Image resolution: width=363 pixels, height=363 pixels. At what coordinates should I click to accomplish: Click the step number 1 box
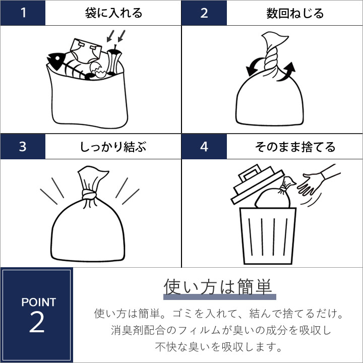[x=23, y=13]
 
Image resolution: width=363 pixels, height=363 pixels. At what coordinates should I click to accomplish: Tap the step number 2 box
[x=204, y=13]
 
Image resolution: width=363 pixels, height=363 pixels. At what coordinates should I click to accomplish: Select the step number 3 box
[x=23, y=147]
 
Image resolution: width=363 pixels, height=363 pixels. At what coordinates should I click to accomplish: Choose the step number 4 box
[x=204, y=147]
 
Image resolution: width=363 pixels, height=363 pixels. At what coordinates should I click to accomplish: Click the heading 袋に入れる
[x=113, y=13]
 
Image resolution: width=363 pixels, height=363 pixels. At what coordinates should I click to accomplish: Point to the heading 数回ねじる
[x=295, y=13]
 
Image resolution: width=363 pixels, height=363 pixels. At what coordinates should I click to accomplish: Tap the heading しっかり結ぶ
[x=113, y=147]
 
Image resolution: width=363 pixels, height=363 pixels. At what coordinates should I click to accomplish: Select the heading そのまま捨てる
[x=295, y=147]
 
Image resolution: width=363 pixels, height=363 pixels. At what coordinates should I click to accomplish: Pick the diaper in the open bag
[x=86, y=51]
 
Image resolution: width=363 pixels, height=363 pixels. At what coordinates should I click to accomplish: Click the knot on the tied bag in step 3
[x=89, y=195]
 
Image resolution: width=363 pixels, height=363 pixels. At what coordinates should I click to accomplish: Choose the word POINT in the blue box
[x=39, y=302]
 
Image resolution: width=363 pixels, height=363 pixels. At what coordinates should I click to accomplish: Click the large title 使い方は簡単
[x=218, y=287]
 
